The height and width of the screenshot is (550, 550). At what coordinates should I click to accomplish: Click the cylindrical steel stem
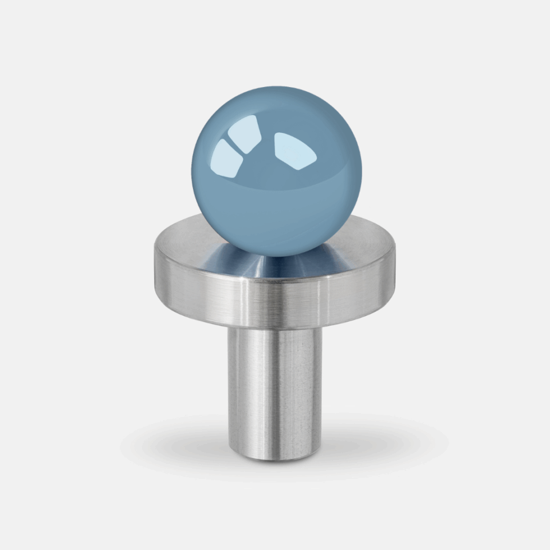(275, 390)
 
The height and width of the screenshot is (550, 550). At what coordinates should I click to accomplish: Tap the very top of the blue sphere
(277, 87)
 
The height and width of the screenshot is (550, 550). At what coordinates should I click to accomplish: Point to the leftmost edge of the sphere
(192, 172)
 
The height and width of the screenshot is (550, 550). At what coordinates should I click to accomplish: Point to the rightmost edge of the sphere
(362, 172)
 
